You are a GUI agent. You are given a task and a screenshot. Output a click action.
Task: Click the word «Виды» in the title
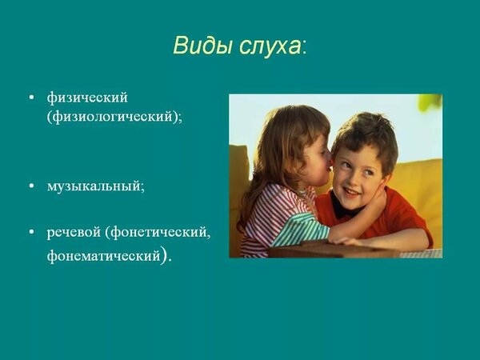coord(203,46)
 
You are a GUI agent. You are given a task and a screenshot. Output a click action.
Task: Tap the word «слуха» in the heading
coord(270,46)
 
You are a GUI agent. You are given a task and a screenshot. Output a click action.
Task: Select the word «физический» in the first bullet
coord(87,98)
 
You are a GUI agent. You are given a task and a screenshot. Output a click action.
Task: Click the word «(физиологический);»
coord(114,117)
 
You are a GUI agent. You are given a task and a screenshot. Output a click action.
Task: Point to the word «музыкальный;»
coord(95,186)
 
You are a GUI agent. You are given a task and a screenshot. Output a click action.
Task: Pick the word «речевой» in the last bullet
coord(74,233)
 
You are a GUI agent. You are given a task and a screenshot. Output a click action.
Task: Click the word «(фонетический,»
coord(158,233)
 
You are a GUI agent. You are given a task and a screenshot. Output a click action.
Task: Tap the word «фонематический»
coord(104,256)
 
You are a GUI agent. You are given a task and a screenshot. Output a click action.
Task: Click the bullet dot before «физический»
coord(31,98)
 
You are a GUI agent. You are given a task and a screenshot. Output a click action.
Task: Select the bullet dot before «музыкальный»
coord(31,186)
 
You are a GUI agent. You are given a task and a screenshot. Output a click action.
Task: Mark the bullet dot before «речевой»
coord(31,232)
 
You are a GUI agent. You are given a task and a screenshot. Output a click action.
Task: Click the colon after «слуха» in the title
coord(304,49)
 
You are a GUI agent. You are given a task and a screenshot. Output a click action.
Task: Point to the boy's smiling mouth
coord(352,193)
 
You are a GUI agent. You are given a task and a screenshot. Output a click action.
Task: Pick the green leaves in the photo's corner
coord(430,103)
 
